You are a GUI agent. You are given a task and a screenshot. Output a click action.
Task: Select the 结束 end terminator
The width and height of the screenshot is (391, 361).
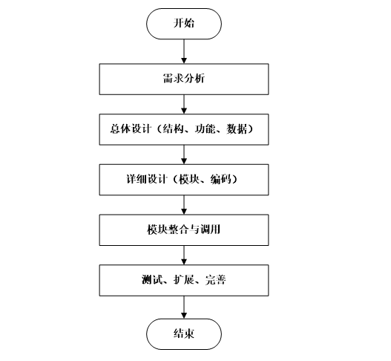click(x=183, y=332)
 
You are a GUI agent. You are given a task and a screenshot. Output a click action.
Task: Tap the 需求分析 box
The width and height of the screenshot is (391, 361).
click(x=183, y=77)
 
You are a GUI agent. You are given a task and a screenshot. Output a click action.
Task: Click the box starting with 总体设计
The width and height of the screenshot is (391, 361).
click(x=183, y=129)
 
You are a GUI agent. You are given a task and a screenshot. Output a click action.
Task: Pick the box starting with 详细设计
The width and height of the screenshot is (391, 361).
click(x=183, y=179)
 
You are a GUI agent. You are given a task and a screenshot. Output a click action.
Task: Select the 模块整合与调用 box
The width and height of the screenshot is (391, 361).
click(x=183, y=230)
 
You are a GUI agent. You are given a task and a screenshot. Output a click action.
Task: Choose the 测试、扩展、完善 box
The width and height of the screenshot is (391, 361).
click(x=183, y=281)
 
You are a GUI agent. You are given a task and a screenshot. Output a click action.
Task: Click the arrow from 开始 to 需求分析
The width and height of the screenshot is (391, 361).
click(x=183, y=51)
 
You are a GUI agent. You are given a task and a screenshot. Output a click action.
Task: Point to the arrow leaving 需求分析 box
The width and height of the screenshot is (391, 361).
click(x=183, y=103)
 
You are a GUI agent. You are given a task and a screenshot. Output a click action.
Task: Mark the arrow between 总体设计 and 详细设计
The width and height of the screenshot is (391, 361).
click(x=183, y=154)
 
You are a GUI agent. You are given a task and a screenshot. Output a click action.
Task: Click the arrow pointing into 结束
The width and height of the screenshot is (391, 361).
click(x=183, y=307)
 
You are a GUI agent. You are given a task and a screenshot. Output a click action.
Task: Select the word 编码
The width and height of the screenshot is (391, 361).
click(x=219, y=179)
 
